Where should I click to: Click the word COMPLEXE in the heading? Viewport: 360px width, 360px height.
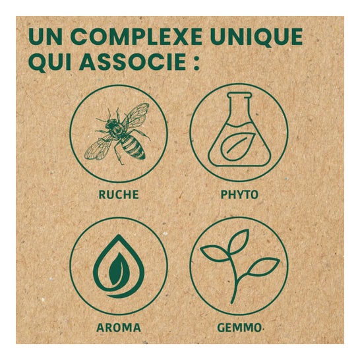pos(136,37)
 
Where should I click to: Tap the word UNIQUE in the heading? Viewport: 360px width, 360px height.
pos(256,38)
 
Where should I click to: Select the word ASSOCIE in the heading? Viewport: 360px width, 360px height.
pos(133,62)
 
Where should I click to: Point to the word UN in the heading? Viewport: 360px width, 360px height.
pos(45,37)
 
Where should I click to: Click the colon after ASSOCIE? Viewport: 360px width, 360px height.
pos(196,63)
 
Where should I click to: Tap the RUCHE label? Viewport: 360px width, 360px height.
pos(119,195)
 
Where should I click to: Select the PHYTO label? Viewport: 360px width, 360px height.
pos(239,195)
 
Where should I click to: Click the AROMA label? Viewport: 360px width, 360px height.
pos(119,328)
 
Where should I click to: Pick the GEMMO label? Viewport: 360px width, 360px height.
pos(239,328)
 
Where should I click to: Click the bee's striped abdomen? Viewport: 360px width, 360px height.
pos(133,146)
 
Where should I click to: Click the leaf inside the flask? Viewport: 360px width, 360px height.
pos(237,144)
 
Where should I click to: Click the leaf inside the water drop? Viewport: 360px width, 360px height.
pos(117,268)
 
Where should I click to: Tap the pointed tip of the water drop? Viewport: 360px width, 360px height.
pos(119,235)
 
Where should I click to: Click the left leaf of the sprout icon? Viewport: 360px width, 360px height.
pos(215,253)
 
